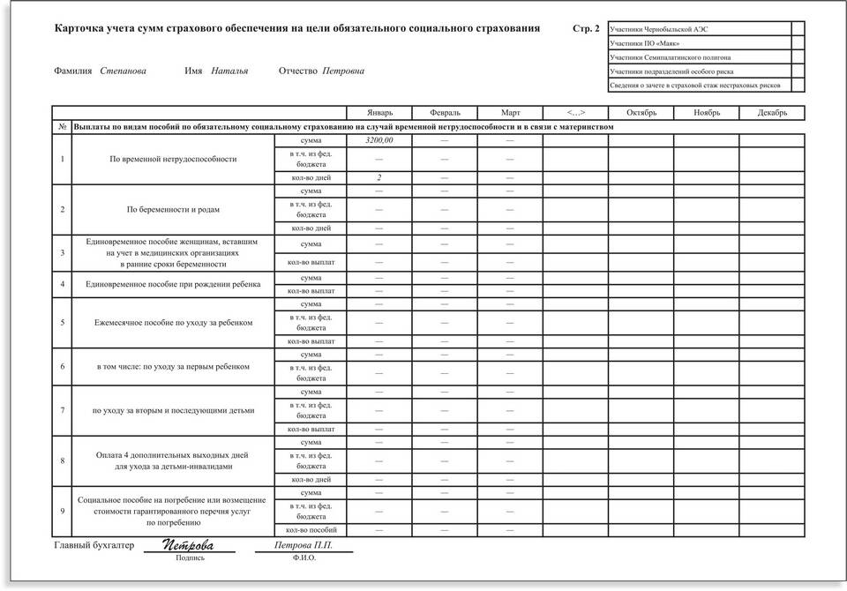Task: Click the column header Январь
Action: click(x=379, y=113)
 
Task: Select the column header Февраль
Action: click(x=445, y=113)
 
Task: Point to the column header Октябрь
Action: click(x=641, y=113)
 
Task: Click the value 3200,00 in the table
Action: click(x=379, y=140)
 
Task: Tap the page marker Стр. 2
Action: click(x=586, y=29)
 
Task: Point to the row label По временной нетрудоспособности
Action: click(x=173, y=160)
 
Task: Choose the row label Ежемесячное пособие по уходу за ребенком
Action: click(x=173, y=323)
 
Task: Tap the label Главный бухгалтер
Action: click(x=94, y=546)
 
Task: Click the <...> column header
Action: click(x=575, y=113)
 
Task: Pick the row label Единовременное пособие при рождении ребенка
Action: click(x=173, y=284)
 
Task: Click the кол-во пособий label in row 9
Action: click(x=311, y=530)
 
